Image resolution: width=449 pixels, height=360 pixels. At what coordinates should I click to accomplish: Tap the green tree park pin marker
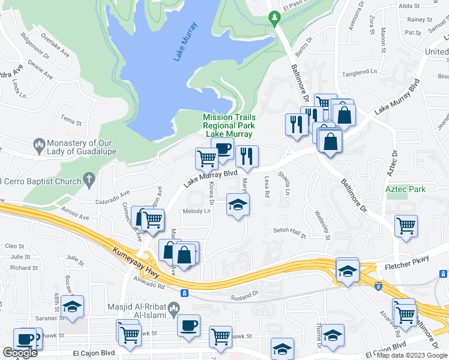pyautogui.click(x=275, y=18)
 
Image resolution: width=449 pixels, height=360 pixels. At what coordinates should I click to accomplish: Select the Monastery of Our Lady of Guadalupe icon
pyautogui.click(x=38, y=145)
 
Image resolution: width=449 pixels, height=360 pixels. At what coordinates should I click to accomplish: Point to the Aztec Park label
pyautogui.click(x=405, y=189)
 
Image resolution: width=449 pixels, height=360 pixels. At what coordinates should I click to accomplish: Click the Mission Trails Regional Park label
pyautogui.click(x=229, y=126)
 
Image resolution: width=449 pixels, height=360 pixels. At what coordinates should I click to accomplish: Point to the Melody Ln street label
pyautogui.click(x=197, y=211)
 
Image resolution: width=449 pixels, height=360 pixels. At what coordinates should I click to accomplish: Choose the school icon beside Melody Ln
pyautogui.click(x=238, y=204)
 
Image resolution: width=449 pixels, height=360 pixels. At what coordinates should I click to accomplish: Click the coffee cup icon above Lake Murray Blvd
pyautogui.click(x=223, y=150)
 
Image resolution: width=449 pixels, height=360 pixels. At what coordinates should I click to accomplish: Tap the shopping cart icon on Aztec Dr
pyautogui.click(x=406, y=227)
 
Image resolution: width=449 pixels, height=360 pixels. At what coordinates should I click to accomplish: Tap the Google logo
pyautogui.click(x=19, y=353)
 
